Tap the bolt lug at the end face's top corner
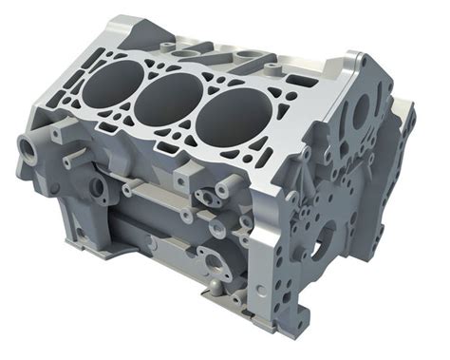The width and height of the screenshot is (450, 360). coord(359,62)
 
